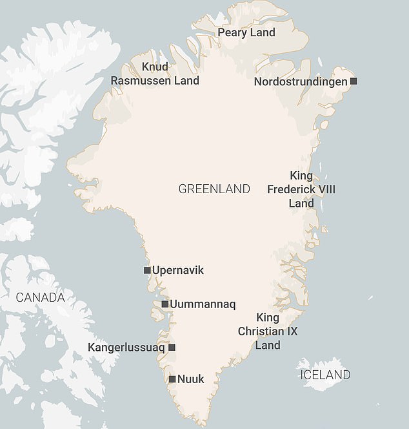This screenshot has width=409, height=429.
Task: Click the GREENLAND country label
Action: point(214,189)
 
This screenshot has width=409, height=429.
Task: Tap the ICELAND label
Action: point(324,375)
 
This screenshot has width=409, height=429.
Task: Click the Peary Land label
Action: point(246,32)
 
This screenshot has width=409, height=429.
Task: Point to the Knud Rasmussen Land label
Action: point(154,74)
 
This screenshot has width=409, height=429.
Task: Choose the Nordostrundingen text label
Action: point(300,81)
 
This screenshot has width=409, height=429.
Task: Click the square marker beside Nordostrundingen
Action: point(353,81)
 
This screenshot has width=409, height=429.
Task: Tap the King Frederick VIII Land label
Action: point(301,189)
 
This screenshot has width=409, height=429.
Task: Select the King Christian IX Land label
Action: point(268,331)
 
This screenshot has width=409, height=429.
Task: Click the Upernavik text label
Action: point(177,270)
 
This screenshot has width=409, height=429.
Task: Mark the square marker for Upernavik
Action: point(147,270)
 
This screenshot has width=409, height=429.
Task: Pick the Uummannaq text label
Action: point(202,304)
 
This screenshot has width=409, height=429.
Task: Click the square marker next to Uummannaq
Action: point(165,304)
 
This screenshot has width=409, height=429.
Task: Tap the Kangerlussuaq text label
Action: point(126,348)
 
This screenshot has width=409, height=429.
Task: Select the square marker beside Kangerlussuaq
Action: point(172,348)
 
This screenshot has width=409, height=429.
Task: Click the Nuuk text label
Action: point(191,379)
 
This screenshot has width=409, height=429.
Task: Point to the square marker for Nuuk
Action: point(172,379)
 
